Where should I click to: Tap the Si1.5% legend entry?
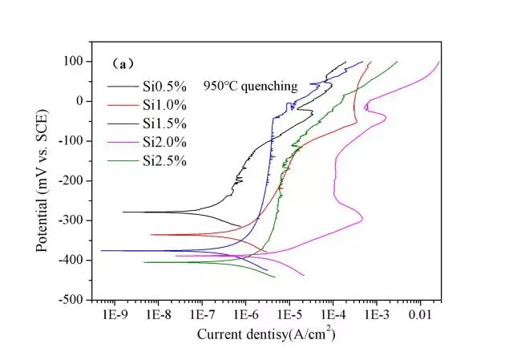164,123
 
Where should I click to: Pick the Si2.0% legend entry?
164,142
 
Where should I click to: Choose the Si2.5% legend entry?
164,160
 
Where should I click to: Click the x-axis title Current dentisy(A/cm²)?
266,334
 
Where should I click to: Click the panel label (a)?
122,62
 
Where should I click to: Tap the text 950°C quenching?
249,86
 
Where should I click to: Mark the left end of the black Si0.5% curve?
123,212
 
